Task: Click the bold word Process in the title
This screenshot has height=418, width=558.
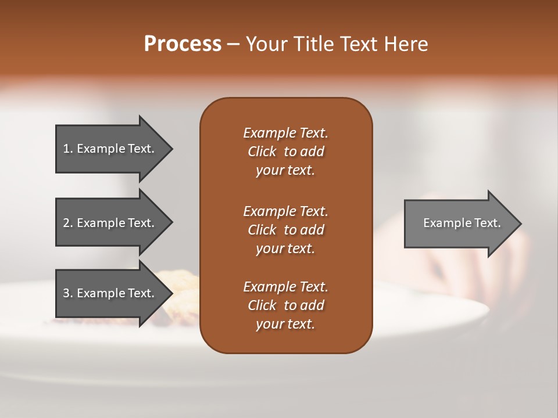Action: click(183, 44)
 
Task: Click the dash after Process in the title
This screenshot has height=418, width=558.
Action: click(233, 45)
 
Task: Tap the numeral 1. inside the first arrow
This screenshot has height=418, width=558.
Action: click(68, 149)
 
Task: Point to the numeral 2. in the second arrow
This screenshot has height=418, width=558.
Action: click(68, 223)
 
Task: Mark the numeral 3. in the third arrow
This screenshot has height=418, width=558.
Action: click(68, 293)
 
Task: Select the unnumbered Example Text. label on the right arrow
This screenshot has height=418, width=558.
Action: click(462, 223)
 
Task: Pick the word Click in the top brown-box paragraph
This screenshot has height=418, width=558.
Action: click(262, 152)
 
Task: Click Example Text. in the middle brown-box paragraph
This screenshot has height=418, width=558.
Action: click(285, 211)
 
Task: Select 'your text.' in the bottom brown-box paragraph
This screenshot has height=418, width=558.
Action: click(285, 324)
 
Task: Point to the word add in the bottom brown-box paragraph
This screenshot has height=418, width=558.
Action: click(313, 305)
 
